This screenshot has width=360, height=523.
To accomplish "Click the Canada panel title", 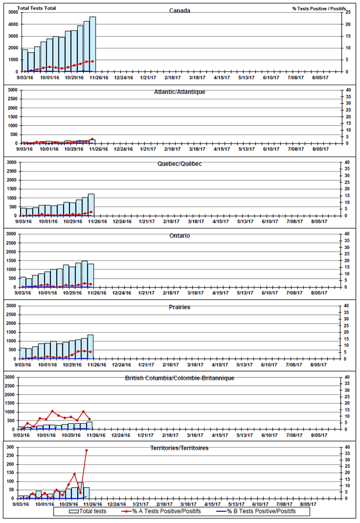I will [x=180, y=11].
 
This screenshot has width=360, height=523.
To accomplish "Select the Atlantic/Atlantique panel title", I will [x=180, y=91].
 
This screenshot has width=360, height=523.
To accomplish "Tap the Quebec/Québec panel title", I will [x=180, y=163].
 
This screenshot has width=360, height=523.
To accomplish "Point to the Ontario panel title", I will [x=180, y=235].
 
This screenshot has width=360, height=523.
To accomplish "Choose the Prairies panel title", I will [x=180, y=307].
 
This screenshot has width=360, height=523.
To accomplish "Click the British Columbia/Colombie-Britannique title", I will [x=180, y=378].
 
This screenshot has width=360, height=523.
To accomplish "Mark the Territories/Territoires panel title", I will [x=180, y=448].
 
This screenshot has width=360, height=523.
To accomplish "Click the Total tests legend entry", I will [x=87, y=511].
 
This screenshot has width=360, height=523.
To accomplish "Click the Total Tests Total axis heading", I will [x=37, y=8].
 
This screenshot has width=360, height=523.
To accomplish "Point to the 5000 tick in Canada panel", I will [x=14, y=12].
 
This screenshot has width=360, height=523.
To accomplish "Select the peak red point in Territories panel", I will [x=86, y=450].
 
